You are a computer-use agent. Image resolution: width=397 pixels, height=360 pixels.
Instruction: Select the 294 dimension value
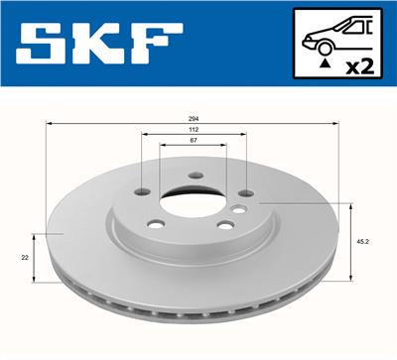click(194, 117)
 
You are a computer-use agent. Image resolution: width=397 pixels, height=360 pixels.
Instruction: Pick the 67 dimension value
click(193, 142)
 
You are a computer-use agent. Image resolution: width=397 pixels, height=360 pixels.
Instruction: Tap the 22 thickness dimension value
click(24, 257)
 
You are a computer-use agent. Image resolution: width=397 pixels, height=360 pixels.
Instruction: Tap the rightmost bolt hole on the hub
click(238, 208)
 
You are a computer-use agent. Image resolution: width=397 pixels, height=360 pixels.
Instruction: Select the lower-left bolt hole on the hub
click(156, 223)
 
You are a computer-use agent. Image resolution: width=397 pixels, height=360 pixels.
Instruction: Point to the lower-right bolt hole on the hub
click(225, 225)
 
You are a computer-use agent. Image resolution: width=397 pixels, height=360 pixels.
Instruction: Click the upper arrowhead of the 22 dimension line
click(33, 236)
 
